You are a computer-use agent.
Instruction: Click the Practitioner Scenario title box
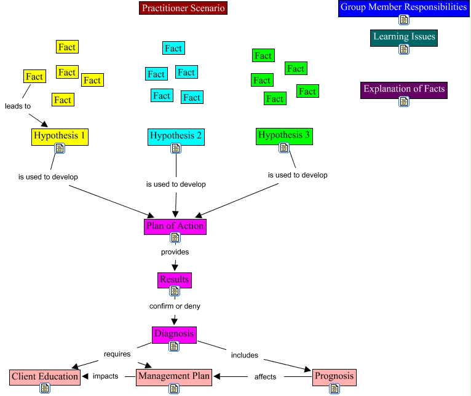pos(183,8)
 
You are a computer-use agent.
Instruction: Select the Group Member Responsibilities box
pos(404,8)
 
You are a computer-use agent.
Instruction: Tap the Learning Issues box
pos(404,37)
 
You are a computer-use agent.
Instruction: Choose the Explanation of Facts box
pos(404,89)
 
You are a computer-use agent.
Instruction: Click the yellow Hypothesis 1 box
pos(60,136)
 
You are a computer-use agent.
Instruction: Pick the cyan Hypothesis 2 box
pos(175,136)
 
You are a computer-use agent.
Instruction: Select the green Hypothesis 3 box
pos(284,135)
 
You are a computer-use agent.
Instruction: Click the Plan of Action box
pos(175,226)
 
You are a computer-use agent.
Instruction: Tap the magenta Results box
pos(175,280)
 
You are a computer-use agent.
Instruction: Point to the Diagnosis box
pos(174,335)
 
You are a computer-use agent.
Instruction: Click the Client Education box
pos(45,376)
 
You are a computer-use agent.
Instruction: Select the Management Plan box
pos(174,376)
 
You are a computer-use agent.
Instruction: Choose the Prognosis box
pos(334,376)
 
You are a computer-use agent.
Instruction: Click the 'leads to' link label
pos(18,106)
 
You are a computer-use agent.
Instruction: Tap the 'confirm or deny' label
pos(175,306)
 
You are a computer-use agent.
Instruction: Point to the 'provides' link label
pos(175,251)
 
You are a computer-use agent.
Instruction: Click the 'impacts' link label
pos(105,376)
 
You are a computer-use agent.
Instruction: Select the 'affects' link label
pos(265,376)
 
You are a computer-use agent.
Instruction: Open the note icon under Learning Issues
pos(404,49)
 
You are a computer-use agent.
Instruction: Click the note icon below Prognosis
pos(334,389)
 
